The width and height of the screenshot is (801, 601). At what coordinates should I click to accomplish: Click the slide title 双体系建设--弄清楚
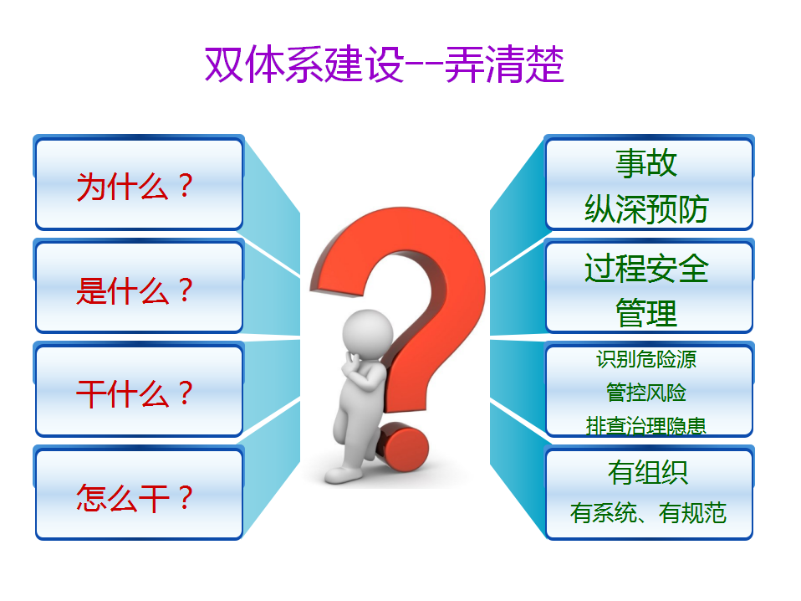(384, 64)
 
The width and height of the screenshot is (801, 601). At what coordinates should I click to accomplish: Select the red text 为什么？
(135, 186)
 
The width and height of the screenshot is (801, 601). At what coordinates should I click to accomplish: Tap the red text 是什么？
(135, 290)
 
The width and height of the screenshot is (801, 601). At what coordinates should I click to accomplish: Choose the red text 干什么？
(135, 394)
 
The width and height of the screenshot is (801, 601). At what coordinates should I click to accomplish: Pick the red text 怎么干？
(135, 498)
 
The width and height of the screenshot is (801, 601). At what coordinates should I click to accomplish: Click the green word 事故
(646, 164)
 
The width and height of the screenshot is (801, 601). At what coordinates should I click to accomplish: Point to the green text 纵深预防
(646, 208)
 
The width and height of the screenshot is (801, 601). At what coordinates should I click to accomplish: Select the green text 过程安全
(646, 268)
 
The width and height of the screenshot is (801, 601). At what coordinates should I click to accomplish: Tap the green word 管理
(646, 313)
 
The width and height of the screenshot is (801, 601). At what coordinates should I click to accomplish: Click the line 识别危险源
(646, 359)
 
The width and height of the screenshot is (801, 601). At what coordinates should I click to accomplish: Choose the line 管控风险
(646, 393)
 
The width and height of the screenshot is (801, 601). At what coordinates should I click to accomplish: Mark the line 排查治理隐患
(646, 425)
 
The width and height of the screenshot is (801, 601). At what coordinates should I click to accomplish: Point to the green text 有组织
(648, 472)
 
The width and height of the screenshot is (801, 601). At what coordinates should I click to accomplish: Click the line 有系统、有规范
(648, 512)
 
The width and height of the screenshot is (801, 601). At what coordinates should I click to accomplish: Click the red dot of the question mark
(404, 447)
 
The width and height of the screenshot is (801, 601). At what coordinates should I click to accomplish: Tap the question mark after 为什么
(186, 186)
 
